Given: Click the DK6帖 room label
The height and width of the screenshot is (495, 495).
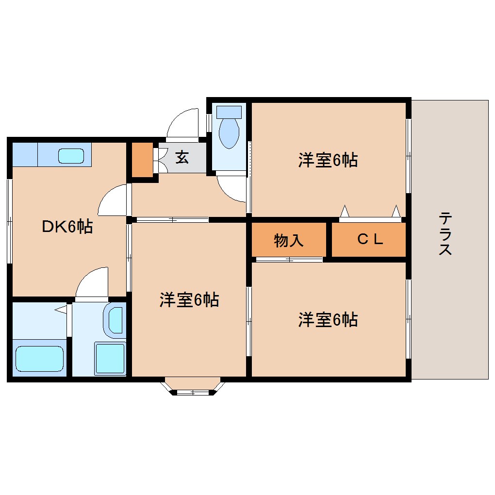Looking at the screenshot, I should (x=67, y=227).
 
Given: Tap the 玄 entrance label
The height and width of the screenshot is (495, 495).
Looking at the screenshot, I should (x=182, y=157).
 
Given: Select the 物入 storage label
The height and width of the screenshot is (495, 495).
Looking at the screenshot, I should (x=289, y=240).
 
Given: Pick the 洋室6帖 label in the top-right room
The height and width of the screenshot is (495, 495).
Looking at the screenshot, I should (x=328, y=160).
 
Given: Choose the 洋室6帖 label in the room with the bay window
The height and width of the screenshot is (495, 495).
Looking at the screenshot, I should (x=189, y=300).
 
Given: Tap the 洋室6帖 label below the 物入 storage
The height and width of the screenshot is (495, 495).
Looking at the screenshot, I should (x=328, y=320).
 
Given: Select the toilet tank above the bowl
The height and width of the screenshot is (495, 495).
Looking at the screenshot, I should (x=229, y=112).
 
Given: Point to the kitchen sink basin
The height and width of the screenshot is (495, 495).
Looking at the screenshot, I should (x=71, y=156).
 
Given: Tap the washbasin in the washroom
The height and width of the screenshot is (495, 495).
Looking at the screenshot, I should (x=115, y=321).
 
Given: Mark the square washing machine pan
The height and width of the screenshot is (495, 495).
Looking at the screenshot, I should (x=110, y=358).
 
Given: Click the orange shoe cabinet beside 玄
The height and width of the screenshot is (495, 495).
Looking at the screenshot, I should (x=142, y=160).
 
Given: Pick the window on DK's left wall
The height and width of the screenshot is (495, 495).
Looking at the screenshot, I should (x=9, y=221).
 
